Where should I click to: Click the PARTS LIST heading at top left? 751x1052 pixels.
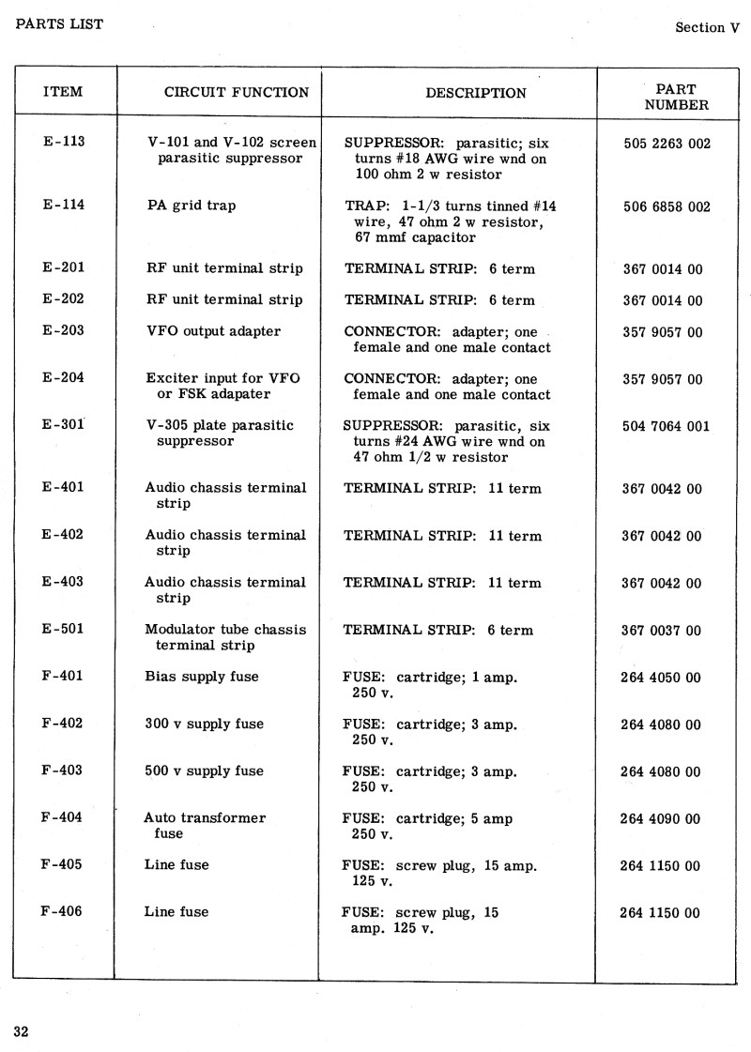pos(58,24)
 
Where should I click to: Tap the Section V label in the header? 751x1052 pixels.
pos(707,27)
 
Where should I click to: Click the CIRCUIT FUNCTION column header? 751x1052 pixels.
pos(236,92)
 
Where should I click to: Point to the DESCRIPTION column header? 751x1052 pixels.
pos(476,93)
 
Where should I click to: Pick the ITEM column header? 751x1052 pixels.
pos(63,92)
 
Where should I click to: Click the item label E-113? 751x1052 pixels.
pos(64,143)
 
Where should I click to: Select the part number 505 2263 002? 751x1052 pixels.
pos(667,144)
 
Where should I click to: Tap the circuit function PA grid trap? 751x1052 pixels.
pos(192,206)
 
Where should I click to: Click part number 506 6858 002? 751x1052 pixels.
pos(667,206)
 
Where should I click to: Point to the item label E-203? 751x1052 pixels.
pos(64,331)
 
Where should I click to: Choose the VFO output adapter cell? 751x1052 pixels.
pos(213,331)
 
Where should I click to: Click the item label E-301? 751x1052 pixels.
pos(64,425)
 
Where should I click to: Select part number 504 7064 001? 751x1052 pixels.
pos(667,426)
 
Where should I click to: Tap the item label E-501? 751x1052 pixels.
pos(63,630)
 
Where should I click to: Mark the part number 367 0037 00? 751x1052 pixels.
pos(661,631)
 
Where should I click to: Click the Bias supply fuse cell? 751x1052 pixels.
pos(201,677)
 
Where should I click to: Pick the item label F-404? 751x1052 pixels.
pos(62,817)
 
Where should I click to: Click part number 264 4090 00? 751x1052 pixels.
pos(660,818)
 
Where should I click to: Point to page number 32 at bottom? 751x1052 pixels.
pos(21,1032)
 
